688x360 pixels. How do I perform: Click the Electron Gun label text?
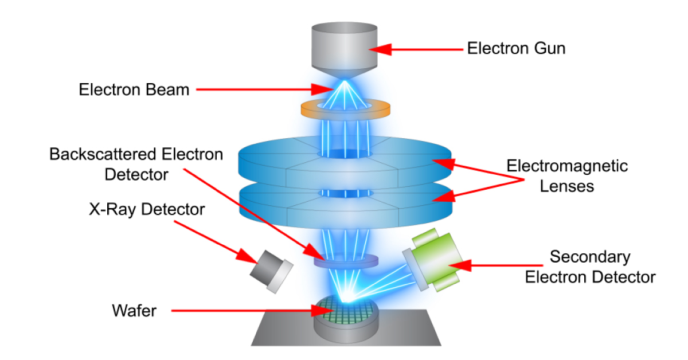(516, 48)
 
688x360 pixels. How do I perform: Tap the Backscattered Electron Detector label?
(136, 164)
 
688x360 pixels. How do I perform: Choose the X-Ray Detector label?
(147, 210)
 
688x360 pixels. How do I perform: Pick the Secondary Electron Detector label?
(590, 267)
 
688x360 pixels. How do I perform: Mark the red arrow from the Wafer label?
(247, 311)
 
